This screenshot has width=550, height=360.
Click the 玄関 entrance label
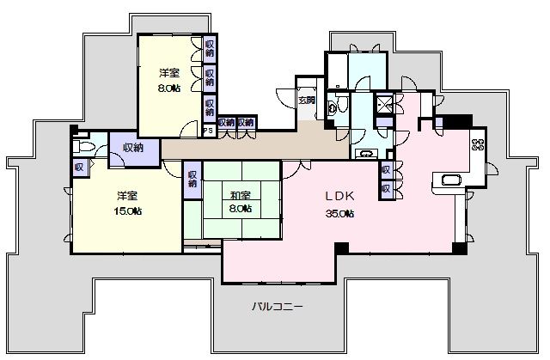click(306, 100)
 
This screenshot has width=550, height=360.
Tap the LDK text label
click(338, 195)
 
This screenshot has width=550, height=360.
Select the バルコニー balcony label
click(277, 306)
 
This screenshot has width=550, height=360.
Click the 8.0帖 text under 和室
click(240, 208)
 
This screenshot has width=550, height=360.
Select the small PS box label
click(208, 131)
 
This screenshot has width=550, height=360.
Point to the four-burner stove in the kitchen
click(478, 144)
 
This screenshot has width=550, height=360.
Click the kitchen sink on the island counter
click(450, 180)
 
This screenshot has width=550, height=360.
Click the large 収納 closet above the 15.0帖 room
click(132, 149)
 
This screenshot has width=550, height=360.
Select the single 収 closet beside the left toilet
click(79, 166)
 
